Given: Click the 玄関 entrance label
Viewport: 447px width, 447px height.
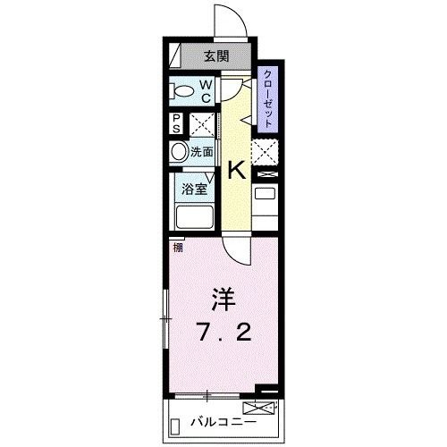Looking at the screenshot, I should point(215,56).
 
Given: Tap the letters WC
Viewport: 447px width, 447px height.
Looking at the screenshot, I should point(205,91).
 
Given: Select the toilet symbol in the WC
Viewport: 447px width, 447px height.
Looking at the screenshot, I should point(184,91).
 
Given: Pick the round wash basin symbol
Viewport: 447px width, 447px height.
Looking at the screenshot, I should point(180,152).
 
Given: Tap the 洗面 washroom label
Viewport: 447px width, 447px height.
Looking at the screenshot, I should point(202,152).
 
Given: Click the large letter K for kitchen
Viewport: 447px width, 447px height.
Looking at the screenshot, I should point(238,169).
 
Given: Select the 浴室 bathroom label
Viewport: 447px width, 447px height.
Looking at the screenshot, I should point(195,189).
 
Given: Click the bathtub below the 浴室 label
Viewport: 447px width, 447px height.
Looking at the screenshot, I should point(194,218).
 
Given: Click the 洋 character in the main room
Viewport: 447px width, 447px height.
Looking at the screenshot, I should point(222,297).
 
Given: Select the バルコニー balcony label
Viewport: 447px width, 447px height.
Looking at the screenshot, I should point(224,421).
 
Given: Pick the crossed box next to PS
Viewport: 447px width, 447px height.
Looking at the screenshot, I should point(201,124).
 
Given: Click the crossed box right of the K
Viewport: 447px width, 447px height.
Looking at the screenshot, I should point(266,151).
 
